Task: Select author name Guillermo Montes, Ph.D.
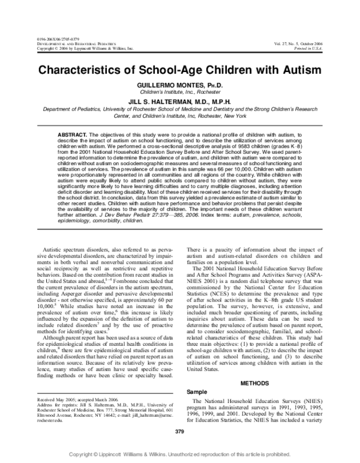[x=180, y=86]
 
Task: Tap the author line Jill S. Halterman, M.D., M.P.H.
[x=180, y=103]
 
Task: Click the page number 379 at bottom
[x=179, y=432]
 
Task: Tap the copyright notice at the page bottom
[x=180, y=455]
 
